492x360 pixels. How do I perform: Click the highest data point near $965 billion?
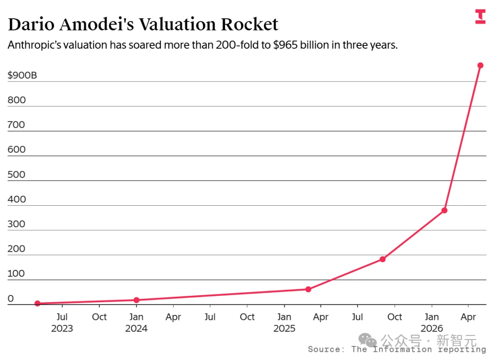[480, 66]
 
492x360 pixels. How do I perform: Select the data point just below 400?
[444, 210]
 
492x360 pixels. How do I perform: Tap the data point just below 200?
[383, 259]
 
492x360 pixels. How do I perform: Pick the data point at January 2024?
[137, 300]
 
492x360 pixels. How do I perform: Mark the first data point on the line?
[37, 303]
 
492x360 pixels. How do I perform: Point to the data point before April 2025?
[308, 289]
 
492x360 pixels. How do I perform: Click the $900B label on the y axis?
[22, 75]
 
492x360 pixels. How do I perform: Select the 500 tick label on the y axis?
[16, 174]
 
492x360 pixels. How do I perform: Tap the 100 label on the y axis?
[16, 274]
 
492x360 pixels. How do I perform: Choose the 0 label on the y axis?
[10, 298]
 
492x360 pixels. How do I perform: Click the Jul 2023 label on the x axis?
[62, 322]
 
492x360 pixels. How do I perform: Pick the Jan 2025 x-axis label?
[284, 322]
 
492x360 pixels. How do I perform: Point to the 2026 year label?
[432, 328]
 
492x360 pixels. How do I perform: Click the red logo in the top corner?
[481, 17]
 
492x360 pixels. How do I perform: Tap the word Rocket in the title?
[250, 24]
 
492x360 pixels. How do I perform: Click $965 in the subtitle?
[285, 45]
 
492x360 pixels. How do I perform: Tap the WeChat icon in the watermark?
[368, 340]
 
